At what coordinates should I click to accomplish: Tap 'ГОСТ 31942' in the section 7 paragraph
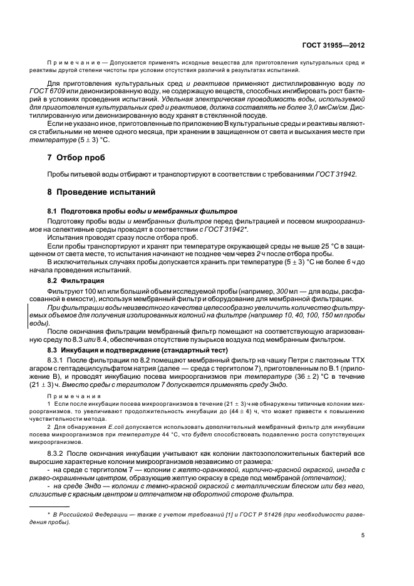point(335,174)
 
